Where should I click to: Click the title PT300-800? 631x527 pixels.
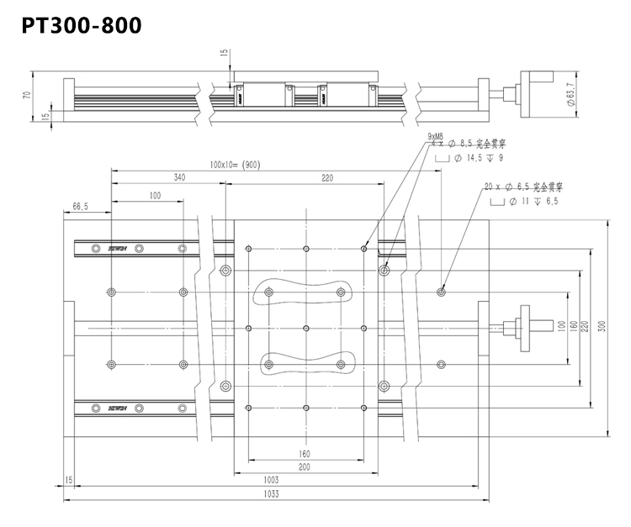point(82,25)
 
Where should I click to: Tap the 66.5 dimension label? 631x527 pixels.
point(81,206)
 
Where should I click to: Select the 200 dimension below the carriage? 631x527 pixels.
point(305,466)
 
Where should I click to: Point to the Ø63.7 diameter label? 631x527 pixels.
point(572,94)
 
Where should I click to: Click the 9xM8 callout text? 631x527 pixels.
point(436,136)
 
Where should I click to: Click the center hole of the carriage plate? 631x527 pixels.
point(306,328)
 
